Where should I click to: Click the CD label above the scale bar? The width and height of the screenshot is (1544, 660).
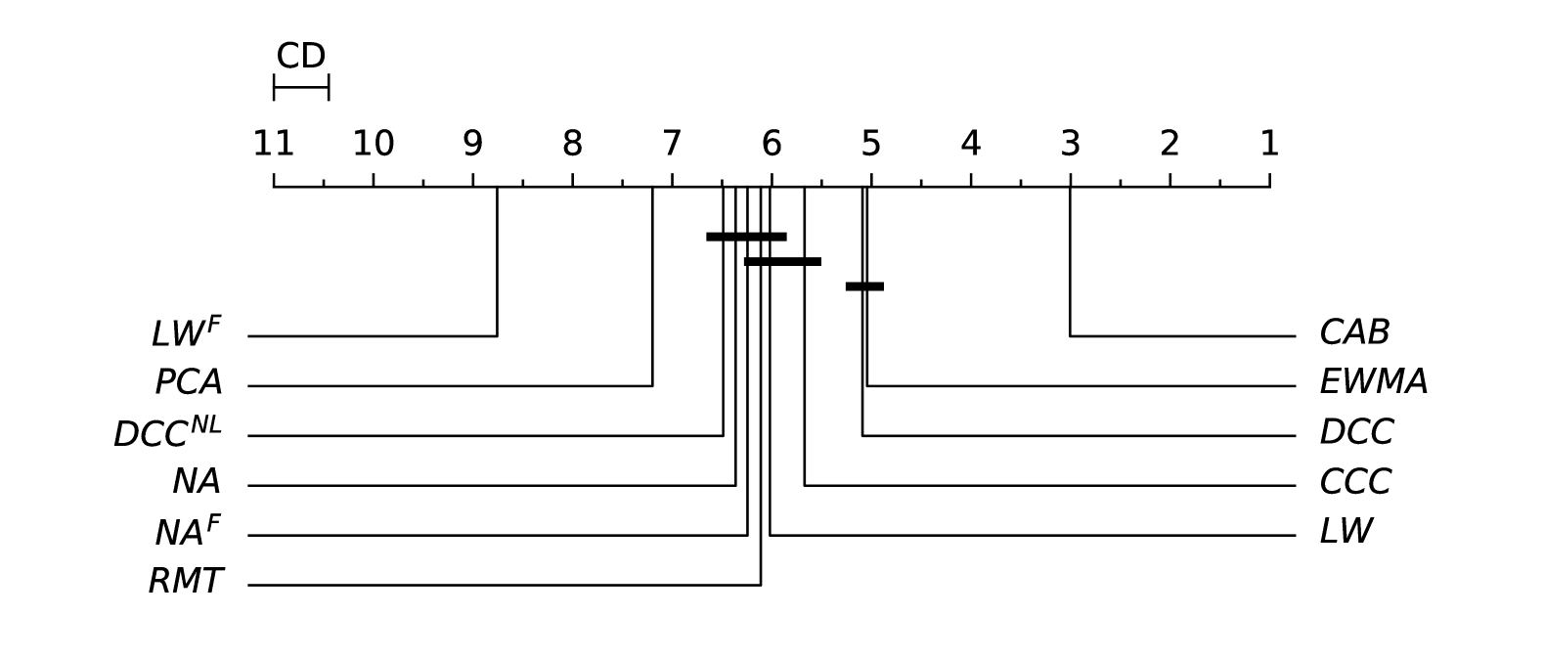click(300, 57)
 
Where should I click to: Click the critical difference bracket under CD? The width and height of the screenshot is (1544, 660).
click(301, 88)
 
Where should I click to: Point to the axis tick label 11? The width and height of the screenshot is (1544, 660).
click(273, 145)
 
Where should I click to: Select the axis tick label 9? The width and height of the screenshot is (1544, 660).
click(472, 145)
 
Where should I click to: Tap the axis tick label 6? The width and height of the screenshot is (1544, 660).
click(772, 145)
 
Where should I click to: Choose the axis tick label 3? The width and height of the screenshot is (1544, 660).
click(1070, 145)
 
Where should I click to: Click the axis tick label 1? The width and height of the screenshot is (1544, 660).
click(1269, 145)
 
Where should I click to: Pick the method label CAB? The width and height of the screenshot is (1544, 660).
click(1354, 333)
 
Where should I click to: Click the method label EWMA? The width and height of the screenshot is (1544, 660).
click(1373, 382)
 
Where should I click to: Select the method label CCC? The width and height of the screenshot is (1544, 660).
click(1354, 482)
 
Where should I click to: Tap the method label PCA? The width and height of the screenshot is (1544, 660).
click(189, 382)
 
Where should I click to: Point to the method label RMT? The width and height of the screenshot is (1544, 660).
click(186, 582)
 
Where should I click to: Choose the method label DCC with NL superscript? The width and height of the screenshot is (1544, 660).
click(167, 432)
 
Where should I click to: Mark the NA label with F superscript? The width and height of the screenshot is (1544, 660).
click(188, 532)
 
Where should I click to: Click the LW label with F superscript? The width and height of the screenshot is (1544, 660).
click(186, 332)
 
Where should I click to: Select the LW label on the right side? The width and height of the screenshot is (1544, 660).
click(1345, 532)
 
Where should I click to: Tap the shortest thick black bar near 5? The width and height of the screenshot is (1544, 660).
click(864, 286)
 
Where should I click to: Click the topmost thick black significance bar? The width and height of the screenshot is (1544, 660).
click(746, 237)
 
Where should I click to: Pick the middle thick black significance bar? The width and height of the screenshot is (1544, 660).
click(782, 261)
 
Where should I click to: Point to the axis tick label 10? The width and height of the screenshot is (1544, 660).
click(373, 145)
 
